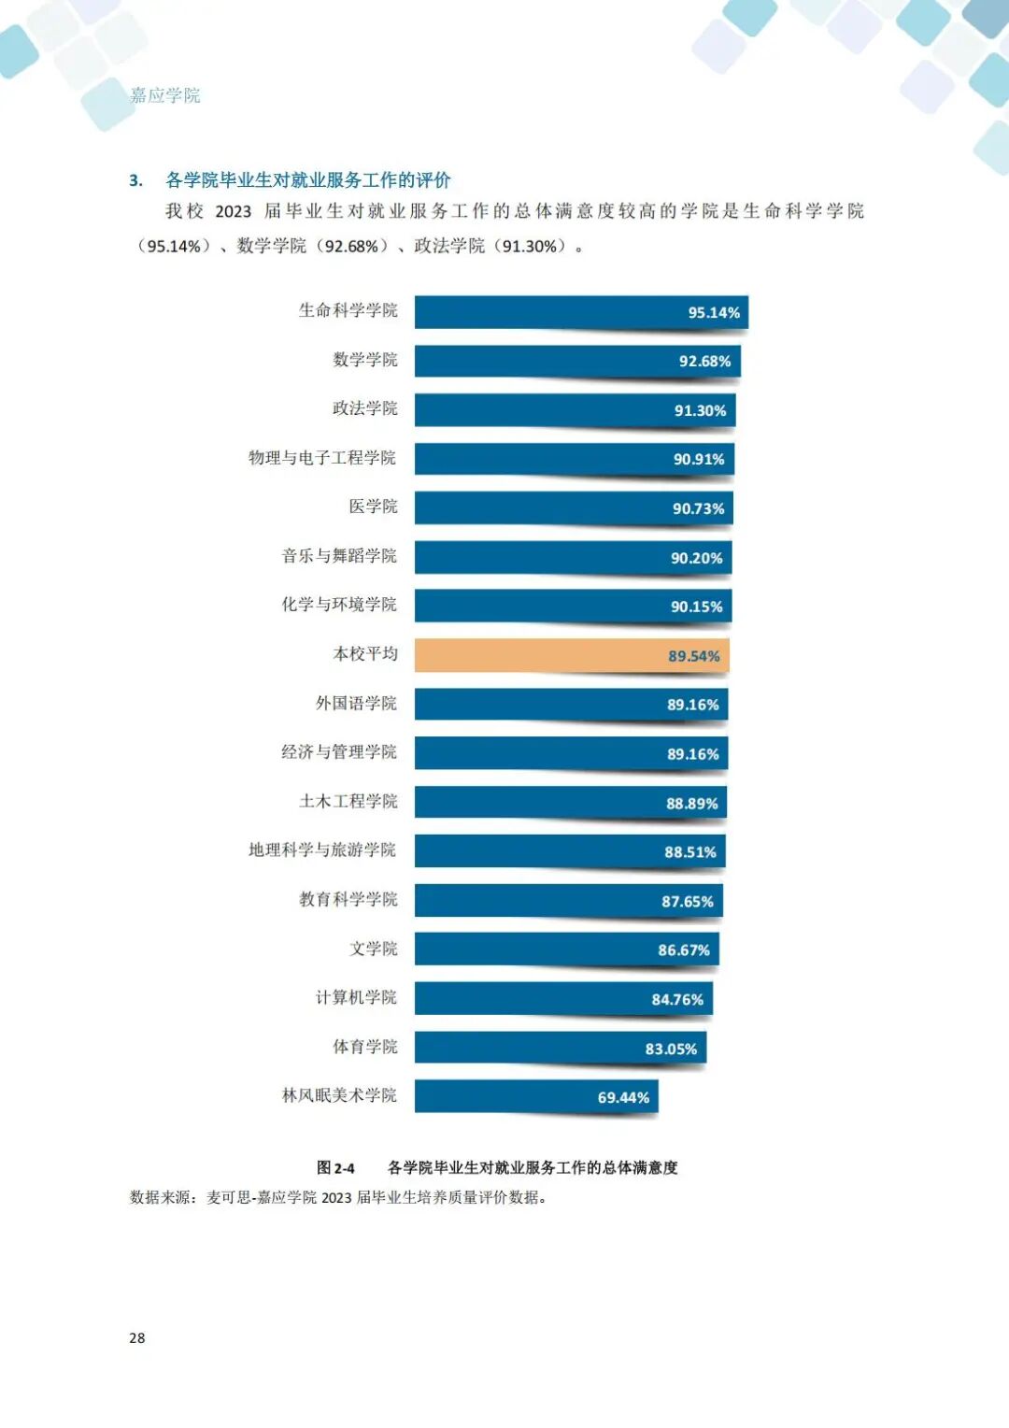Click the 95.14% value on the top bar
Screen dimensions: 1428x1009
(714, 312)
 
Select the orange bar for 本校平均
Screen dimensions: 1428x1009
(570, 655)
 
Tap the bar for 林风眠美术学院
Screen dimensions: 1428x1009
(535, 1096)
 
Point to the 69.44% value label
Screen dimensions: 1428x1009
(623, 1097)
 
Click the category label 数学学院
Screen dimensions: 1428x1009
(365, 360)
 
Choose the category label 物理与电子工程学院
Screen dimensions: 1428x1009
(322, 458)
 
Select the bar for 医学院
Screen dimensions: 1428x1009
(573, 508)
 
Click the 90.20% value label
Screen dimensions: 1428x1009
(696, 558)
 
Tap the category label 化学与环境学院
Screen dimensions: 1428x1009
(339, 605)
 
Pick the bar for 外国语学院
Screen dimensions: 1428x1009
(570, 705)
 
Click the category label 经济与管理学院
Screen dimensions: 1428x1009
(339, 752)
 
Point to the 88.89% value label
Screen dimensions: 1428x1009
(691, 804)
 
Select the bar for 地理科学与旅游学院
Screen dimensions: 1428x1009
(569, 851)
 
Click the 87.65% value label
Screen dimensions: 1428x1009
(687, 902)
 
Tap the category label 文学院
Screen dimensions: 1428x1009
(374, 949)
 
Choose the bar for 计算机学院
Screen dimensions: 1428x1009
(562, 998)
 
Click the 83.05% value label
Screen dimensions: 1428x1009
(671, 1049)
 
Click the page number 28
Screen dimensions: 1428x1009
(137, 1338)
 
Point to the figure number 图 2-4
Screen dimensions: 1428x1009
(335, 1168)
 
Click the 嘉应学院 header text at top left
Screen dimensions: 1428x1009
(165, 95)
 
